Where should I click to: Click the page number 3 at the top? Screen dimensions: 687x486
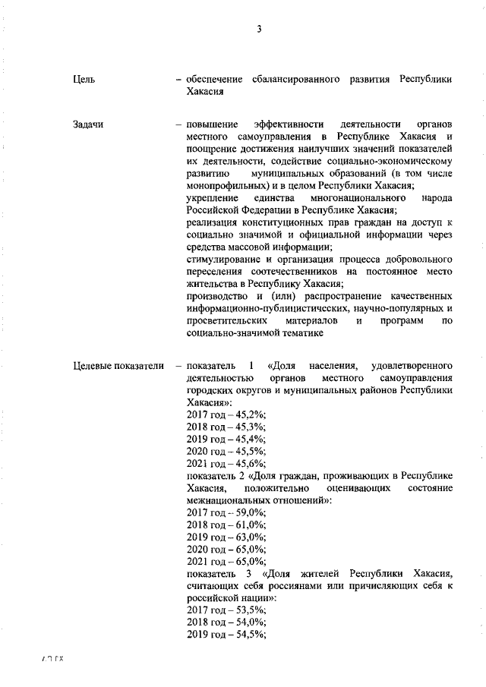(x=258, y=30)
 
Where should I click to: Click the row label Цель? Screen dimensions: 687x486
(x=84, y=80)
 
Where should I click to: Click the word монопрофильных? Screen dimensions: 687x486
(x=225, y=184)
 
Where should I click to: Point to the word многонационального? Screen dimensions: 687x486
(x=350, y=197)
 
